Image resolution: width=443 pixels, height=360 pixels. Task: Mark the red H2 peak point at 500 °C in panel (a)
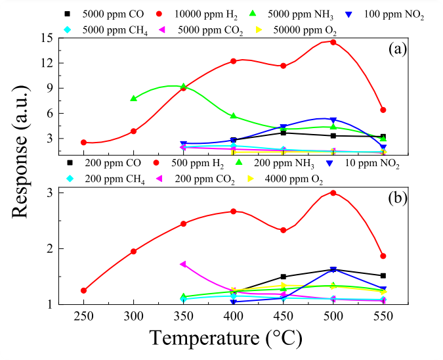(333, 42)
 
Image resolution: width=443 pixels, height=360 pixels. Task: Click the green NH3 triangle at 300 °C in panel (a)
(134, 99)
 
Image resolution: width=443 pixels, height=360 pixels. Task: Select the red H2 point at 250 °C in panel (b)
(84, 290)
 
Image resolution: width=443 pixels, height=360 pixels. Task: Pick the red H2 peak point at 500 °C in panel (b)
(333, 193)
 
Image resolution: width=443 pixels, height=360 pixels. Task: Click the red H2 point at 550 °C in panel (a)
(383, 110)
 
